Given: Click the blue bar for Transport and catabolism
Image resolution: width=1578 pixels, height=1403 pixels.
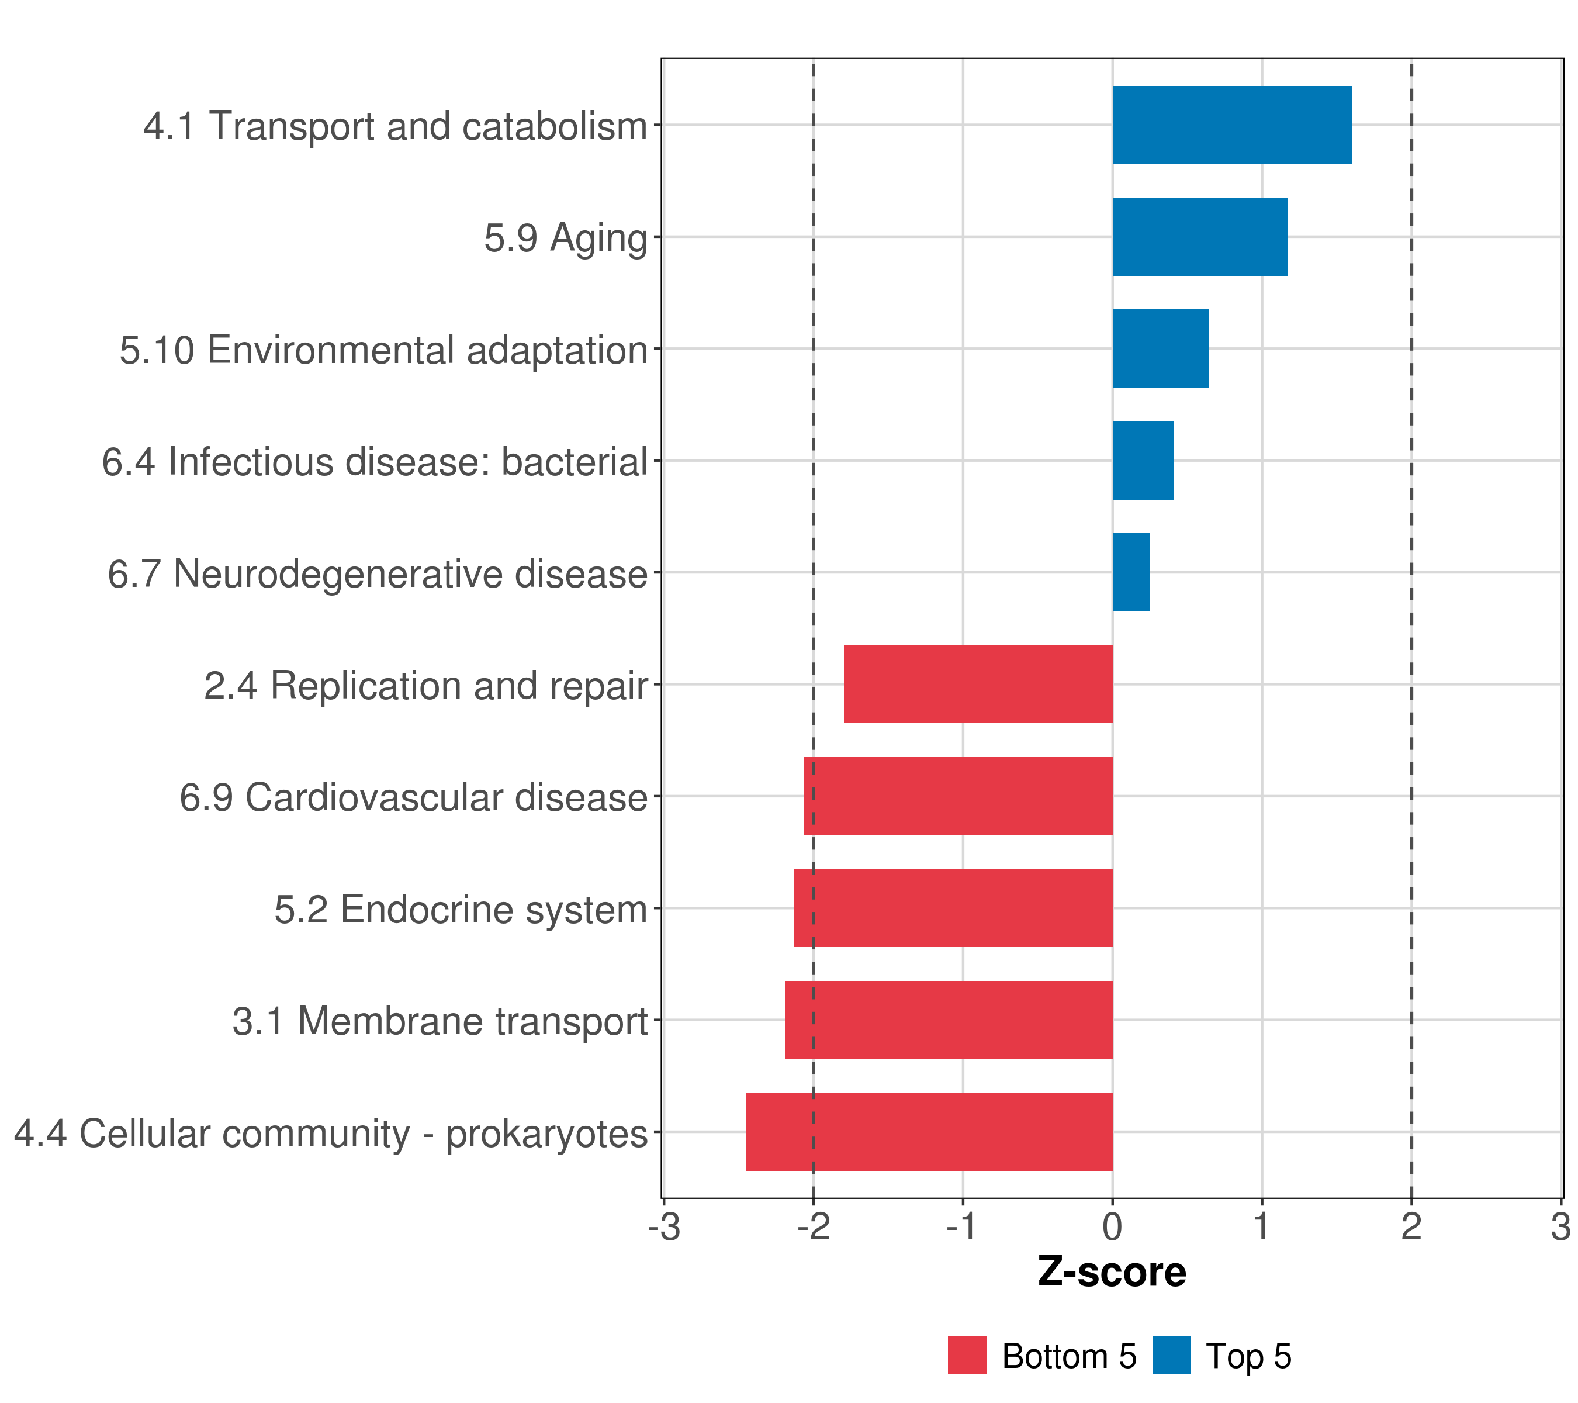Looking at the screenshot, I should (1231, 125).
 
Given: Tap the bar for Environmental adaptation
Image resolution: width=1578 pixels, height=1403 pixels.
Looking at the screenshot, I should (1160, 348).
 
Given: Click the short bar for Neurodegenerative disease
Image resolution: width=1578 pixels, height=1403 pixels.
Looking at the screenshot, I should (1131, 572).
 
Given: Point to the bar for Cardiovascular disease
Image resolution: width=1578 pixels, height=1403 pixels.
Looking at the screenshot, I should (957, 796).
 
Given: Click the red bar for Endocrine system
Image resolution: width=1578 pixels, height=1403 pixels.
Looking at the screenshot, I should (953, 908).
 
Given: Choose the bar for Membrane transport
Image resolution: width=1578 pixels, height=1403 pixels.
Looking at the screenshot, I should (948, 1020).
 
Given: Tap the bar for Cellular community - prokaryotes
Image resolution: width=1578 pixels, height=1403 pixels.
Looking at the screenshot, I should (929, 1132).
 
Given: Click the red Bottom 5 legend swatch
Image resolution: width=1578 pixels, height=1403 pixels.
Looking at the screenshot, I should (967, 1355).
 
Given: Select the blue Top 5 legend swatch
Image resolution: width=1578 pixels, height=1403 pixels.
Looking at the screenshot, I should (1171, 1355).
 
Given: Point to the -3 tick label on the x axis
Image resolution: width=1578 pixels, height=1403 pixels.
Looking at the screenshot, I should (665, 1226).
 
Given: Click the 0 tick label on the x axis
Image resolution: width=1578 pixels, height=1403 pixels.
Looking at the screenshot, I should (1112, 1226).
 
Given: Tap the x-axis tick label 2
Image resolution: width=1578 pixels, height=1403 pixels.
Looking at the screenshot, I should (1411, 1226).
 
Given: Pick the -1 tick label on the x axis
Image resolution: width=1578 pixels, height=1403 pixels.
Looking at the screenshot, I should (963, 1226).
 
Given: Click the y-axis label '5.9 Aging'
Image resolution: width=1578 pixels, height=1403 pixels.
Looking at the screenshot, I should (565, 238).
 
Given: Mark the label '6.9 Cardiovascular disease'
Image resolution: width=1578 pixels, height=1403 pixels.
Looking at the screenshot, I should (413, 797).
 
